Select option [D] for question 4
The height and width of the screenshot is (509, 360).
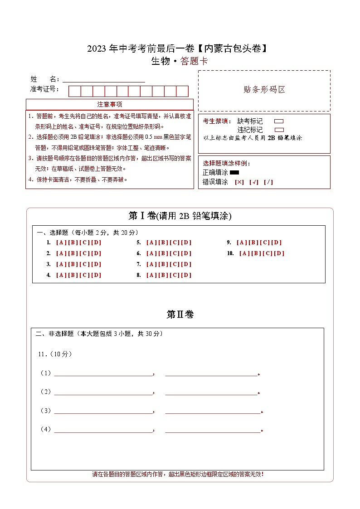pyautogui.click(x=96, y=275)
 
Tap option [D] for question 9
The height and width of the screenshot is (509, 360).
pyautogui.click(x=277, y=242)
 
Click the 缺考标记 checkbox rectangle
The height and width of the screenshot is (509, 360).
pyautogui.click(x=279, y=121)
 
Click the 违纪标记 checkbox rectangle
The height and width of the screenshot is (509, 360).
pyautogui.click(x=279, y=130)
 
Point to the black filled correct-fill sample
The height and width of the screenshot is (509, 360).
pyautogui.click(x=234, y=173)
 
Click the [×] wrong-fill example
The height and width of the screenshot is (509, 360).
pyautogui.click(x=239, y=182)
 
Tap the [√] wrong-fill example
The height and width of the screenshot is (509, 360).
pyautogui.click(x=254, y=182)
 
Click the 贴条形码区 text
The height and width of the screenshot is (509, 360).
pyautogui.click(x=264, y=90)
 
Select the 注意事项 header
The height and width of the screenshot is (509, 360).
pyautogui.click(x=109, y=104)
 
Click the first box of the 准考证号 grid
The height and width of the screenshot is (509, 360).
pyautogui.click(x=74, y=91)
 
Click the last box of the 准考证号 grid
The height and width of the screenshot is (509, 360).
pyautogui.click(x=182, y=91)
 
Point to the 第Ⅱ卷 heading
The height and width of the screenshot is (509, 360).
pyautogui.click(x=180, y=314)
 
